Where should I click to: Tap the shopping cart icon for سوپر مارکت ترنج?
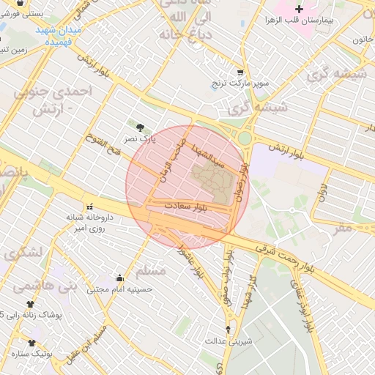click(240, 72)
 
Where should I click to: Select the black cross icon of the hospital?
click(297, 9)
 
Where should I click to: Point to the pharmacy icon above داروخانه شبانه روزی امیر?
click(90, 206)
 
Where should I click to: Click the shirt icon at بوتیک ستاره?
click(31, 342)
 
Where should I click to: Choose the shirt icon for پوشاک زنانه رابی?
click(30, 303)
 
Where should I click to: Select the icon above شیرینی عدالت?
click(228, 330)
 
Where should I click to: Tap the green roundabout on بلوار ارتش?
click(244, 138)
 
